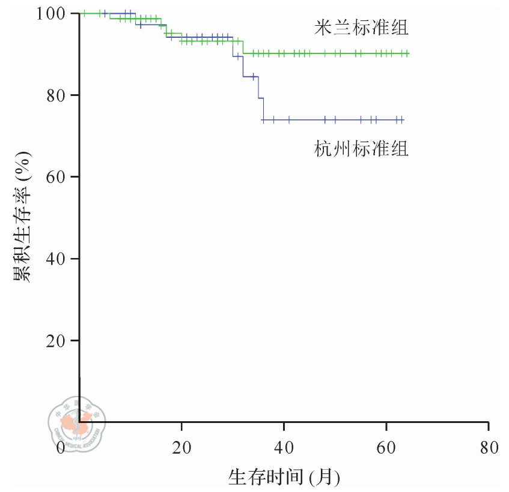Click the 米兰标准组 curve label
coord(361,28)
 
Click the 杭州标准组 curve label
coord(361,148)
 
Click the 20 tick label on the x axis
coord(181,448)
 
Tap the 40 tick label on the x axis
coord(284,448)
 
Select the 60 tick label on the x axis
coord(386,448)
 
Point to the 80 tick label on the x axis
coord(489,448)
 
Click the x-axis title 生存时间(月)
coord(284,478)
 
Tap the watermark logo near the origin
coord(76,423)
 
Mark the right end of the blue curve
coord(403,120)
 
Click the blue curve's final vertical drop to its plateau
coord(263,109)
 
